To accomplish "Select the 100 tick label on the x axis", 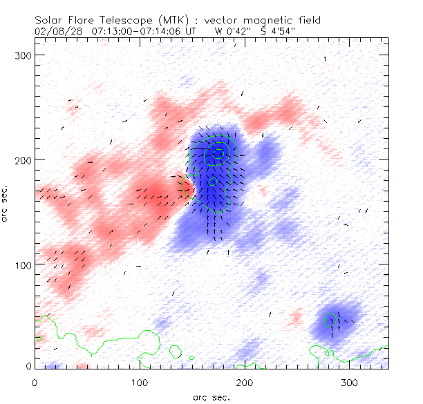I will tap(139, 382).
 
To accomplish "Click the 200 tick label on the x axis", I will tap(244, 382).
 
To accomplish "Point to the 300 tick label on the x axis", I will tap(349, 382).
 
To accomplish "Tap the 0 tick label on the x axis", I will tap(35, 382).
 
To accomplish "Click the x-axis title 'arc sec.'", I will tap(211, 397).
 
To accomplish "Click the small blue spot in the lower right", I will tap(335, 321).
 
